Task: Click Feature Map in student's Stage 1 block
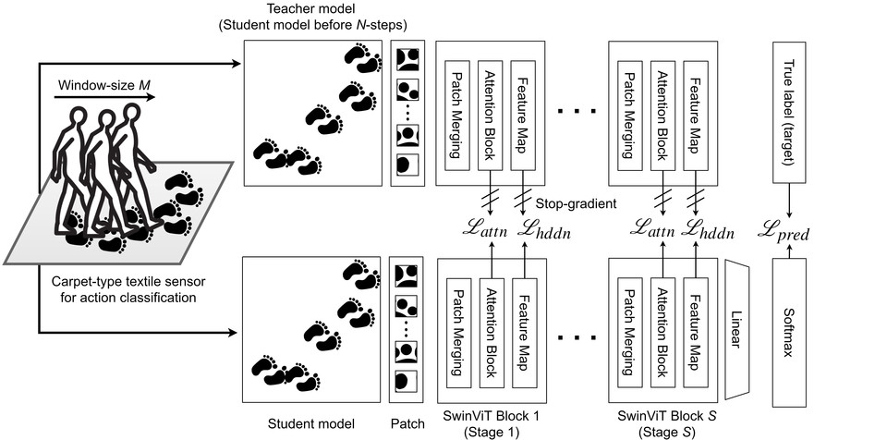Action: pyautogui.click(x=523, y=332)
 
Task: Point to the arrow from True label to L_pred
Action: pyautogui.click(x=788, y=202)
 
